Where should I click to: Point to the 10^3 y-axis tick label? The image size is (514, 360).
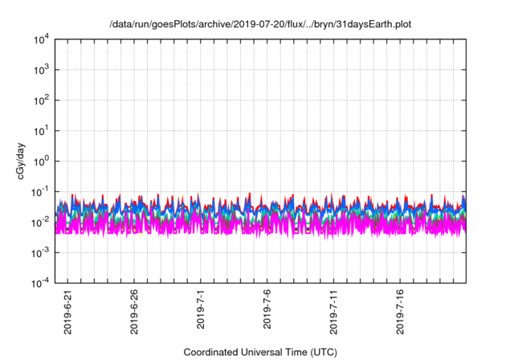point(40,70)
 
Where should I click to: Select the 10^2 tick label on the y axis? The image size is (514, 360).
point(40,100)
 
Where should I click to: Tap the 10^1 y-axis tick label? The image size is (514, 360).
point(40,130)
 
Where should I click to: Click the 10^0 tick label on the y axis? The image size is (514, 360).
point(40,161)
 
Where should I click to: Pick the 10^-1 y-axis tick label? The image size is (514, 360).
point(39,191)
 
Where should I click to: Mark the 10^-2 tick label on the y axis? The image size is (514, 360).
point(39,222)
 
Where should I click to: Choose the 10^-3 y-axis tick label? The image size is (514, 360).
point(39,252)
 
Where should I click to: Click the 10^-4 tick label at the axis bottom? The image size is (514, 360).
point(39,282)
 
